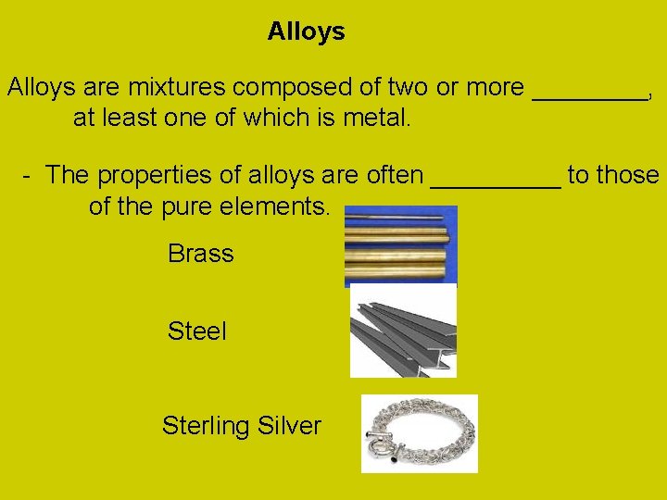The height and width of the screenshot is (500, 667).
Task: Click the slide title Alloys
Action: [x=306, y=31]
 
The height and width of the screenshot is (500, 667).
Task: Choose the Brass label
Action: [x=200, y=254]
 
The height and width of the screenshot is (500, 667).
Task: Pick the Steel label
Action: [x=196, y=331]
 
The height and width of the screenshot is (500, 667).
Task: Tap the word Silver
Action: [x=289, y=426]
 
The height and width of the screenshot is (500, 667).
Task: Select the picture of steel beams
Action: [x=403, y=331]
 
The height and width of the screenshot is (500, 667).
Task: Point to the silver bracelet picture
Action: [x=419, y=433]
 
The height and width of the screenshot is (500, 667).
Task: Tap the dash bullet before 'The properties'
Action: [x=29, y=175]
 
